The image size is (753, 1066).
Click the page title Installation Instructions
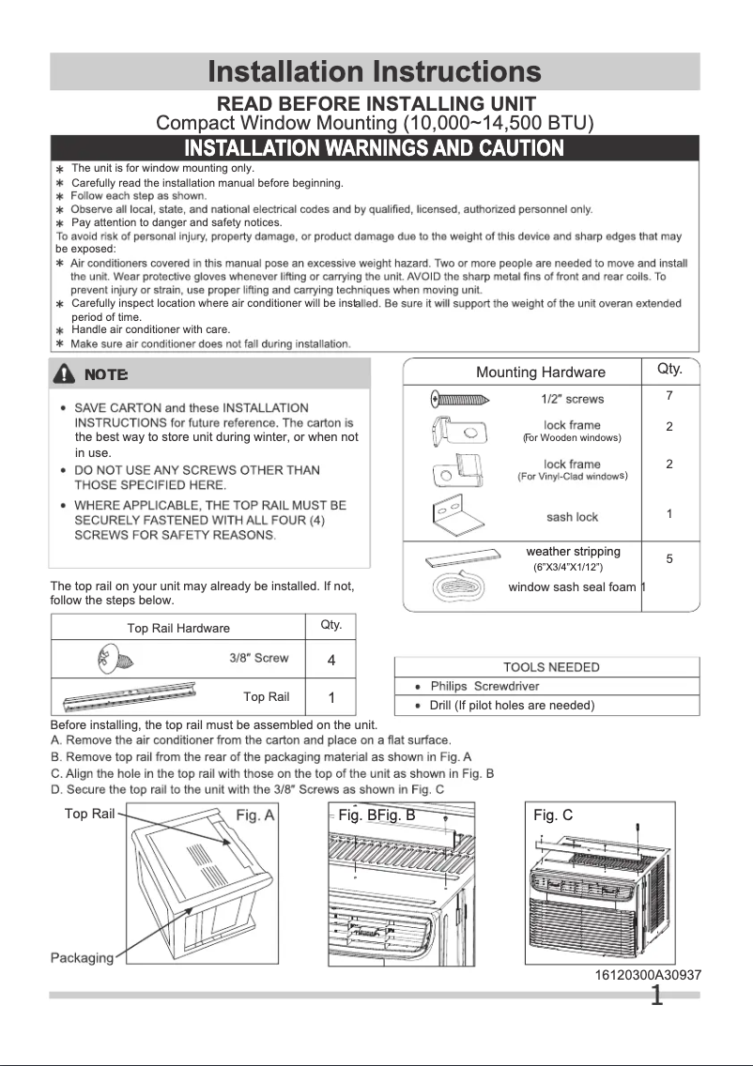point(375,72)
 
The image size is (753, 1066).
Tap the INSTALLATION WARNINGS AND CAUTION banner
point(375,148)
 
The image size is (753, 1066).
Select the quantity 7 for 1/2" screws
point(669,396)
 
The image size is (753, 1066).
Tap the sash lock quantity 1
point(669,514)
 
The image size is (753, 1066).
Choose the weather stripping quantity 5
point(669,558)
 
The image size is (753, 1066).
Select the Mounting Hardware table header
point(541,373)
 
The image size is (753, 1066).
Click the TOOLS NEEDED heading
point(551,667)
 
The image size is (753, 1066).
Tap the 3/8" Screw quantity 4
point(331,660)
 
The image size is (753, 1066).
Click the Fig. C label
point(553,815)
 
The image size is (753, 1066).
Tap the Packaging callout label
point(81,958)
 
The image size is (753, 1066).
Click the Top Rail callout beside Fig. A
point(89,814)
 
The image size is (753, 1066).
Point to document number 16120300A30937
point(648,976)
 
